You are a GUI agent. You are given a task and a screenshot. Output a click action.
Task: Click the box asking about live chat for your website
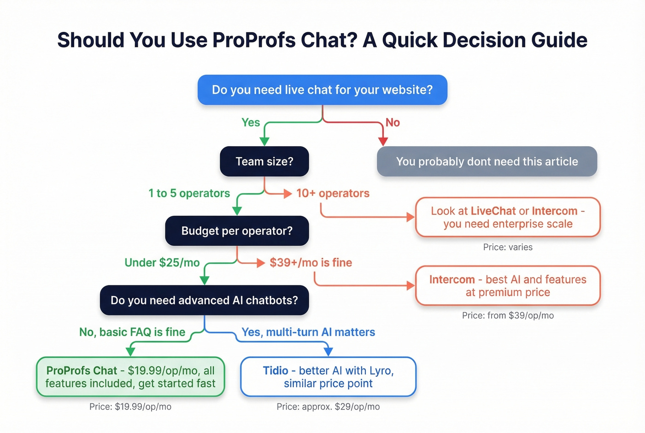click(322, 90)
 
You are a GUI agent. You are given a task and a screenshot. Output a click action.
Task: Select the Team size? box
click(264, 161)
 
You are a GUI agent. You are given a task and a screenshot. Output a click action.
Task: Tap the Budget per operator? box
click(237, 231)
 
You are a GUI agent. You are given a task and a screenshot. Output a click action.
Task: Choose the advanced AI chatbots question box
click(204, 300)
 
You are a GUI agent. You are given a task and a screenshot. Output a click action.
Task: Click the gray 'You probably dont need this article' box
click(487, 161)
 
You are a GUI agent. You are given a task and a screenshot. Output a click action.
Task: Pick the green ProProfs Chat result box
click(130, 377)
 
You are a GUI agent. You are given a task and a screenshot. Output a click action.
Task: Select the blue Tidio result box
click(328, 377)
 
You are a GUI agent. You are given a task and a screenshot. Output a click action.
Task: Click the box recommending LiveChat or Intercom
click(508, 217)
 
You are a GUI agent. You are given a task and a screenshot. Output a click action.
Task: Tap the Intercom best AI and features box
click(508, 286)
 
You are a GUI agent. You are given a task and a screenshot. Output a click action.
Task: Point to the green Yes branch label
click(251, 123)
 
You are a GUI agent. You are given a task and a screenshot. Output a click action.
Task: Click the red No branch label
click(393, 123)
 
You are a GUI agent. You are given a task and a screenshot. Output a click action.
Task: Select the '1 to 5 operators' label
click(189, 193)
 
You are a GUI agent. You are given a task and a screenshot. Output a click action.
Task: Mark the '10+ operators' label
click(333, 193)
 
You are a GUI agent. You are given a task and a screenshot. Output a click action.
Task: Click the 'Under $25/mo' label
click(162, 262)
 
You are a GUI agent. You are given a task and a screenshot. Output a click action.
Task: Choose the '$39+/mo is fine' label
click(311, 262)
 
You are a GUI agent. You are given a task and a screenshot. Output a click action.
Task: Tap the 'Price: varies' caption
click(508, 247)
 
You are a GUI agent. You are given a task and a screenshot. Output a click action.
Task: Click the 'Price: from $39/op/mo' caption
click(508, 315)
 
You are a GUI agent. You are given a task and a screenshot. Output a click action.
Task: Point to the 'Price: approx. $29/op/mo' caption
click(328, 407)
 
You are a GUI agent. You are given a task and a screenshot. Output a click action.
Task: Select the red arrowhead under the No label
click(383, 141)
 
